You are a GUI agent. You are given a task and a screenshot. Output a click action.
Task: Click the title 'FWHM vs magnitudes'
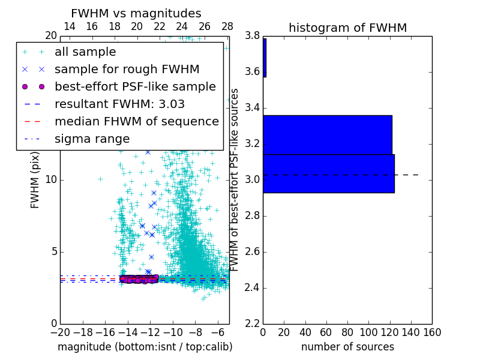coord(136,14)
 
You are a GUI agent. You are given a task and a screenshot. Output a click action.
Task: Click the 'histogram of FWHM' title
coord(347,28)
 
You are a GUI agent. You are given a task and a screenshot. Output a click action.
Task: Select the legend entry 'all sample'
coord(85,52)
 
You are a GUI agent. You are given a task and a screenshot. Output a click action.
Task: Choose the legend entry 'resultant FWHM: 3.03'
coord(119,104)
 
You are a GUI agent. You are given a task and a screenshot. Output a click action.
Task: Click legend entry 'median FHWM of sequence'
coord(136,122)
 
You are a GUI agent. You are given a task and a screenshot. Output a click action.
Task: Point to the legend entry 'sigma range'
coord(92,139)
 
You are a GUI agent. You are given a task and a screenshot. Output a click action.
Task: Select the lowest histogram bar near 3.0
coord(328,173)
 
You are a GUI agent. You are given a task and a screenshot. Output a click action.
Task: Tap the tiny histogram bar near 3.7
coord(265,58)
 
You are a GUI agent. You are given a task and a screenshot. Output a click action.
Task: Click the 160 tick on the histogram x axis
coord(432,332)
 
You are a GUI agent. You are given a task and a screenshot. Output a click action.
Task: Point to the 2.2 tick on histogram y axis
coord(252,323)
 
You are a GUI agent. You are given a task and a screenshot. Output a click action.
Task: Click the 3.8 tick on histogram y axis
coord(252,36)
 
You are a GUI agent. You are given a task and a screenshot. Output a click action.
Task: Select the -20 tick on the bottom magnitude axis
coord(60,332)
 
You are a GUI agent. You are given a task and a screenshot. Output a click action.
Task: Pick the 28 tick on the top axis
coord(227,27)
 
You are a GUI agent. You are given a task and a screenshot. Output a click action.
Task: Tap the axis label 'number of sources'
coord(347,347)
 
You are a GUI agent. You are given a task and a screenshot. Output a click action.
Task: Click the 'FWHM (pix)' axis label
coord(35,181)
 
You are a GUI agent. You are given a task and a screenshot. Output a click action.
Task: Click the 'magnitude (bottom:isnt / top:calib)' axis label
coord(145,347)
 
